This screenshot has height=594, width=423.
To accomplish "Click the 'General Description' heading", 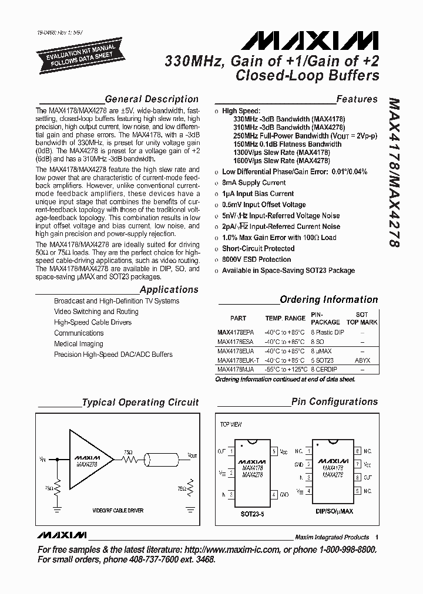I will tap(151, 99).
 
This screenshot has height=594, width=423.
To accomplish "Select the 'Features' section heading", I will tap(356, 99).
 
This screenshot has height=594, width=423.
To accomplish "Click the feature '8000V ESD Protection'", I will tap(256, 259).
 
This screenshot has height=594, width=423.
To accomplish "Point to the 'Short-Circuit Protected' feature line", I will tap(258, 248).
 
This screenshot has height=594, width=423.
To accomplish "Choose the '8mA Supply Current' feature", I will tap(254, 183).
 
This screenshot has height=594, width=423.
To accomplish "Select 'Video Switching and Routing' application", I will tap(96, 312).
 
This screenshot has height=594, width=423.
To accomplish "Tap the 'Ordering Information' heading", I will tap(328, 299).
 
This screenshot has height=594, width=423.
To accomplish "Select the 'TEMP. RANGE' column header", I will tap(285, 318).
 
